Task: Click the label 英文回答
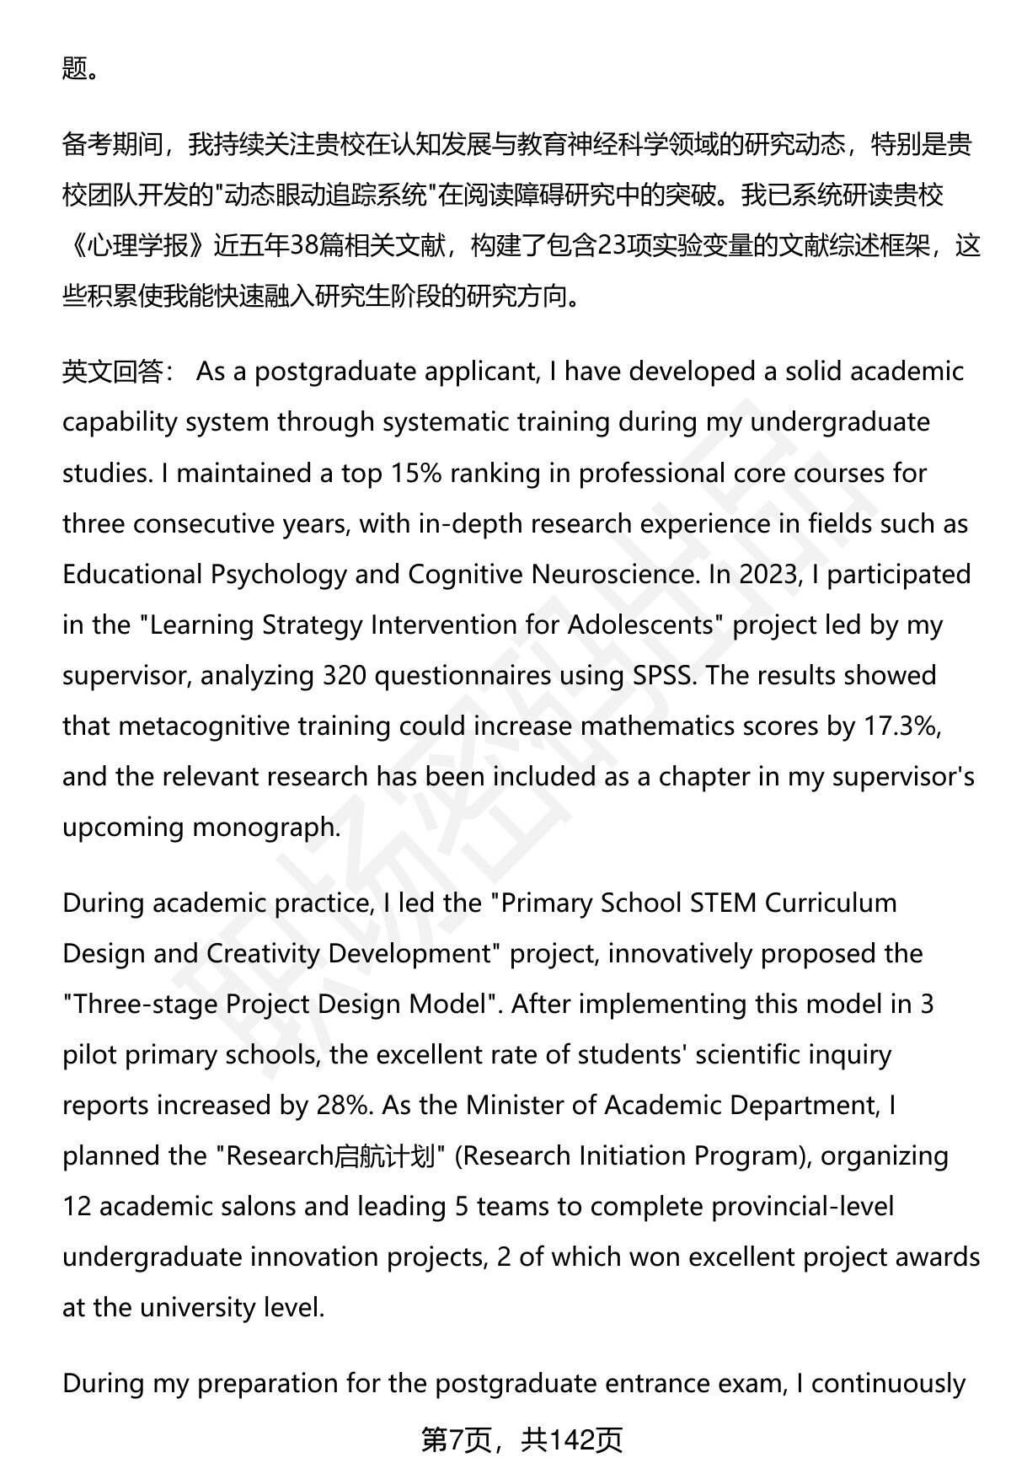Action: coord(113,372)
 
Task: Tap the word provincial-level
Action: coord(803,1206)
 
